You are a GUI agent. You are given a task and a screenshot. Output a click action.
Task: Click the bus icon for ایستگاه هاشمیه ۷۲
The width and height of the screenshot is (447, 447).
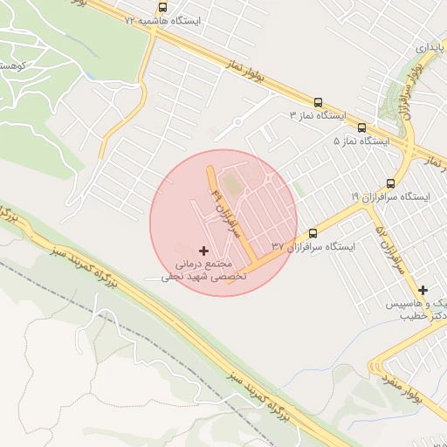162,6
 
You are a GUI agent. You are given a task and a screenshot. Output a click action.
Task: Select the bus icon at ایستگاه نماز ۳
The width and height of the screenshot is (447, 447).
317,102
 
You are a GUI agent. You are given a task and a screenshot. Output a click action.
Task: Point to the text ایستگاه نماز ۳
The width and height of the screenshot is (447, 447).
318,115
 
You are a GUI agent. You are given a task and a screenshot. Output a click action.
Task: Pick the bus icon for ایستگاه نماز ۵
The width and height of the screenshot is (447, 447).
361,127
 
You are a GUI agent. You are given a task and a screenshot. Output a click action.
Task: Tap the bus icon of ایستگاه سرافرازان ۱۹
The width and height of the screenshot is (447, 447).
389,183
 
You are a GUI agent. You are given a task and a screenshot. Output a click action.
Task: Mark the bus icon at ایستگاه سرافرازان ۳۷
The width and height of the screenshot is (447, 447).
313,233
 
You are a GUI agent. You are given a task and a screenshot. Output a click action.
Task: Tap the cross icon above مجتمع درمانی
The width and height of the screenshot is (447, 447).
204,251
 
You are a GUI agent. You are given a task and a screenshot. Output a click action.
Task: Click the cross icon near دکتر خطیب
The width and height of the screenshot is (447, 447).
423,290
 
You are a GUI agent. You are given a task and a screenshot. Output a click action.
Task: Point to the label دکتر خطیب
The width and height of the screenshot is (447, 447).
423,315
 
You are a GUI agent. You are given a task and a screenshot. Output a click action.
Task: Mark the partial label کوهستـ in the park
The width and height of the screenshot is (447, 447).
12,65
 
